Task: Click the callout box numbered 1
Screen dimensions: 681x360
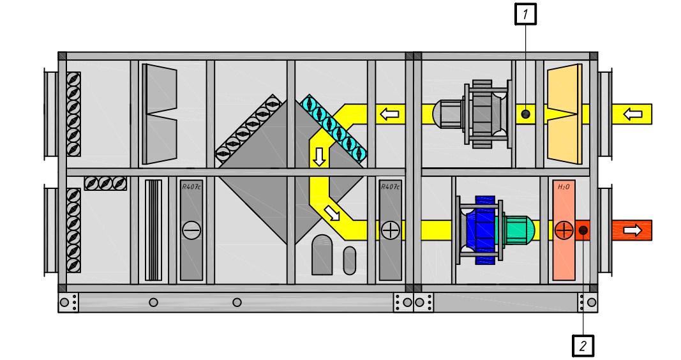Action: (x=525, y=14)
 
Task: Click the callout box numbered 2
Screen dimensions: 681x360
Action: (x=583, y=346)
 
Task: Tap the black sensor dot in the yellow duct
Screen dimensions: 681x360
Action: (x=525, y=114)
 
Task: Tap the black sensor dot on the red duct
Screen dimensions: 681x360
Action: (x=583, y=230)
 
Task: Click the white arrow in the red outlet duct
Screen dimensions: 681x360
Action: (x=632, y=230)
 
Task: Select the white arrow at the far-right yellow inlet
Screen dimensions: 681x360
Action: (x=632, y=114)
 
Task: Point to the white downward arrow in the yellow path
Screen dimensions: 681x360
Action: (x=319, y=157)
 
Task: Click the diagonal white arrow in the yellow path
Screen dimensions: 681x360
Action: (x=333, y=213)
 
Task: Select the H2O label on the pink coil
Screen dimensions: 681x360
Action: (x=564, y=187)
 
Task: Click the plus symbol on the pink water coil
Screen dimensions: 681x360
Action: (x=564, y=230)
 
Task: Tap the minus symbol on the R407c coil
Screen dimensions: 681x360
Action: (x=191, y=230)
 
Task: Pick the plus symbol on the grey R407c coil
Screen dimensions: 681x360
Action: (x=390, y=230)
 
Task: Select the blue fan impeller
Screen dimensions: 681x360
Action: (x=482, y=230)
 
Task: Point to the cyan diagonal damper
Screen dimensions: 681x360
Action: (x=334, y=128)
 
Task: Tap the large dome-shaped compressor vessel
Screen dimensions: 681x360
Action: (x=322, y=255)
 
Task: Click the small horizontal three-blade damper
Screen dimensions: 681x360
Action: (x=105, y=183)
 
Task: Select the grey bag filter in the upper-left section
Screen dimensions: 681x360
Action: (x=160, y=114)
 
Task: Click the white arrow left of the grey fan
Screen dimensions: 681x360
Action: (x=389, y=114)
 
